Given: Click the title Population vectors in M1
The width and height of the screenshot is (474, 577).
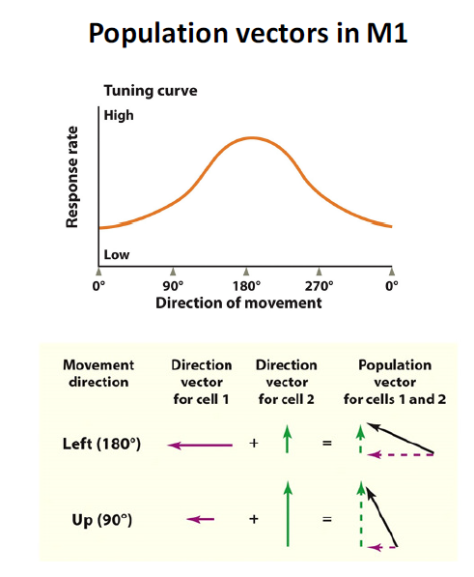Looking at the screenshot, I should pos(237,32).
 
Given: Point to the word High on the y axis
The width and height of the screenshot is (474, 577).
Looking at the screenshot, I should pos(119,115).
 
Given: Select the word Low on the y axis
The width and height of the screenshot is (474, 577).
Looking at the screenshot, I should pos(117,255).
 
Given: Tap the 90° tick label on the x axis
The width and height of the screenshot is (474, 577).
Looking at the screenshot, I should pos(172,287).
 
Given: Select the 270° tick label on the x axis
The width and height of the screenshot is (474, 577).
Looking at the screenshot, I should pos(319,287).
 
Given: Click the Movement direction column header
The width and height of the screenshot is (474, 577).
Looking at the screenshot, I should pos(98,373).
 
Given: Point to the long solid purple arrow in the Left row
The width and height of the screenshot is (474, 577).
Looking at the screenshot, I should pos(201,446).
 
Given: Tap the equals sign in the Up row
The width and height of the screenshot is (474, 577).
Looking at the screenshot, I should pos(327,520).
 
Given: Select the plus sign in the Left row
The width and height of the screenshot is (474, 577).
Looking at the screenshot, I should pos(254,446).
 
